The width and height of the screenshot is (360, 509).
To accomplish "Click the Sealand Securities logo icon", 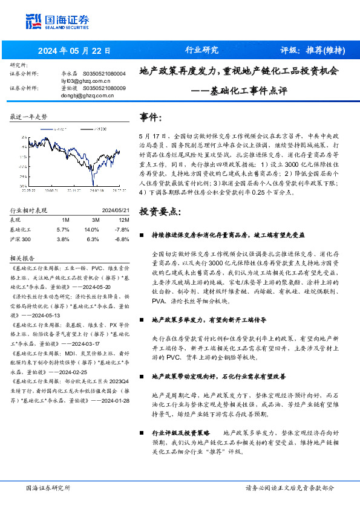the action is coord(33,19).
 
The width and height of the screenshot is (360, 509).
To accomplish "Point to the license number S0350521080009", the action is coord(103,88).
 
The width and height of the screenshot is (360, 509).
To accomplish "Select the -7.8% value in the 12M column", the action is coord(122,229).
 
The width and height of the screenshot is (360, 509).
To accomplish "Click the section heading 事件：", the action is coord(151,116).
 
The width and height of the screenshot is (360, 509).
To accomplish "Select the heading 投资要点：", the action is coord(160,212).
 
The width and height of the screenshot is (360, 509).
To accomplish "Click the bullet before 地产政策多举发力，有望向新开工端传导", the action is coord(142,318).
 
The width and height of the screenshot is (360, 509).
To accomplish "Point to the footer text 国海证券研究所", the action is coord(48,487).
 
